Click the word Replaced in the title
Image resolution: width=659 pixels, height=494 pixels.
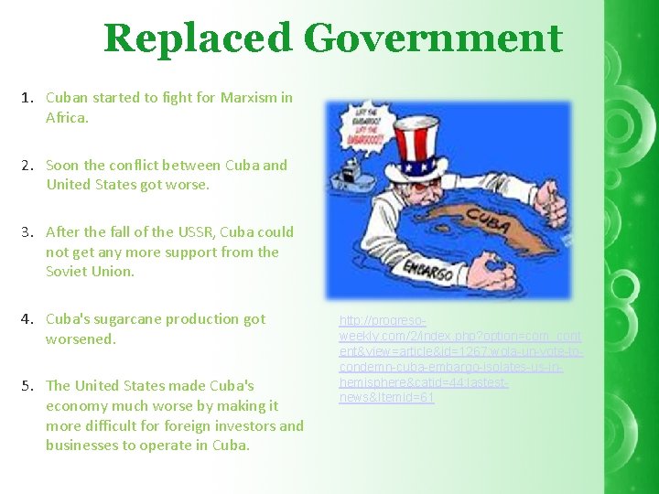198,38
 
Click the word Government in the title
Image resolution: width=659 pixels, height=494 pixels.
433,38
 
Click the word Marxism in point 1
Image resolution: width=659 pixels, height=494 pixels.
248,97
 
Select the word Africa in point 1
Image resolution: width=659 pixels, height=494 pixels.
67,117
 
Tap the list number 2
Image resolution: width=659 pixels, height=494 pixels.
28,166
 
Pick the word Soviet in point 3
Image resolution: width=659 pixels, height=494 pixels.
69,271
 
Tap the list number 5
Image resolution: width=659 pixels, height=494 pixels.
28,385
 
